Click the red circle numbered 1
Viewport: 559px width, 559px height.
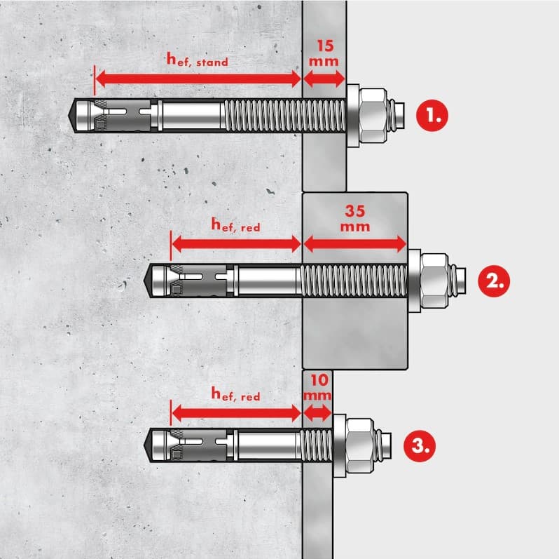(x=432, y=116)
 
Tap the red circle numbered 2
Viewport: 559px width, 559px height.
(x=494, y=281)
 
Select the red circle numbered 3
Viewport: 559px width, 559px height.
(x=420, y=446)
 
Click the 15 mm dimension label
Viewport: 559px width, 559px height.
(x=324, y=53)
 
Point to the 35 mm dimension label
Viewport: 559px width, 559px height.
(x=355, y=218)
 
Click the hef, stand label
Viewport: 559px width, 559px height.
(x=197, y=59)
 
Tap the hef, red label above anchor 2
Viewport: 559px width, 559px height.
(x=235, y=225)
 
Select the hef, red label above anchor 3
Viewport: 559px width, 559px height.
(x=235, y=394)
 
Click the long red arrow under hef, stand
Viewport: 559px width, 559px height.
(x=198, y=79)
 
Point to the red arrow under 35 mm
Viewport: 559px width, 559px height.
(x=354, y=244)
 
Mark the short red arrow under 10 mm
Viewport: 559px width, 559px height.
(x=317, y=413)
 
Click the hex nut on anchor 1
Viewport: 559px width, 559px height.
(x=373, y=115)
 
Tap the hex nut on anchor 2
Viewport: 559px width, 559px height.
(x=434, y=281)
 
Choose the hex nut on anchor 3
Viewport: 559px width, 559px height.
(x=360, y=446)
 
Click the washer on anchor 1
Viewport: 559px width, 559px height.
(x=353, y=116)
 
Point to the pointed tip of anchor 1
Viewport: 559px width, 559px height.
(x=69, y=116)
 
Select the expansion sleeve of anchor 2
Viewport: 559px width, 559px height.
(x=198, y=281)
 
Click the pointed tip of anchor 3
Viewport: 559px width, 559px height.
(x=144, y=445)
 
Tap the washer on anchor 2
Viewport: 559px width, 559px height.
(x=414, y=281)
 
